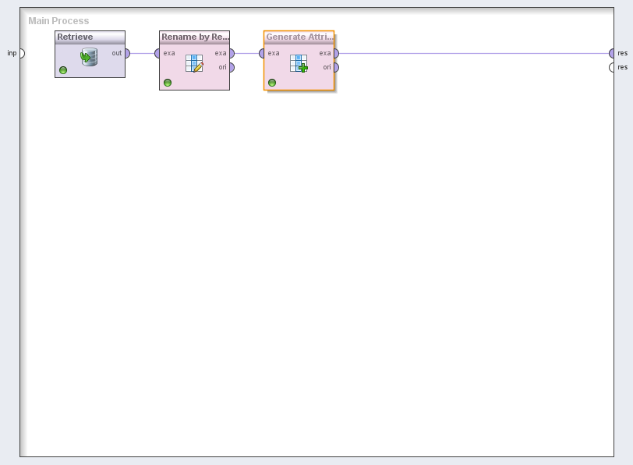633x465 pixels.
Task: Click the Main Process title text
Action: [58, 21]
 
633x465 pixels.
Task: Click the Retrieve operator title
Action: [75, 37]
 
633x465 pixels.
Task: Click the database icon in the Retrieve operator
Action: [89, 56]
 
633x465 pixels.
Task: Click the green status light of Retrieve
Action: [63, 70]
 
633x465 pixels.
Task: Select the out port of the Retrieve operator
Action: [126, 53]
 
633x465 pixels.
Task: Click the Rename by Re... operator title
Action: [195, 37]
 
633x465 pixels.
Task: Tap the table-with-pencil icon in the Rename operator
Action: [194, 63]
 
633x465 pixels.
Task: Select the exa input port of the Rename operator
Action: [158, 53]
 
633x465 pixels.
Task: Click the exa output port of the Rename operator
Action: [231, 53]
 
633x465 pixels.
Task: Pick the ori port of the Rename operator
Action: [231, 67]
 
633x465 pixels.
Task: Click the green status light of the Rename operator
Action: [168, 83]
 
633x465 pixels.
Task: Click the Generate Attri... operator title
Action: [299, 37]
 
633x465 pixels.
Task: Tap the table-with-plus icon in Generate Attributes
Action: [299, 63]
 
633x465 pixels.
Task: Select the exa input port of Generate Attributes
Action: [263, 53]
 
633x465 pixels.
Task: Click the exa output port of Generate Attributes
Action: [335, 53]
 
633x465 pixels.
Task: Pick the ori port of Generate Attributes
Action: [335, 67]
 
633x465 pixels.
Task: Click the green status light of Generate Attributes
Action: [272, 83]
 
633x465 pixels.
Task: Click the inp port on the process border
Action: [21, 53]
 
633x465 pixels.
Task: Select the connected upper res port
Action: [613, 53]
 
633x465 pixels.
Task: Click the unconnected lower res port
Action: [613, 67]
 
